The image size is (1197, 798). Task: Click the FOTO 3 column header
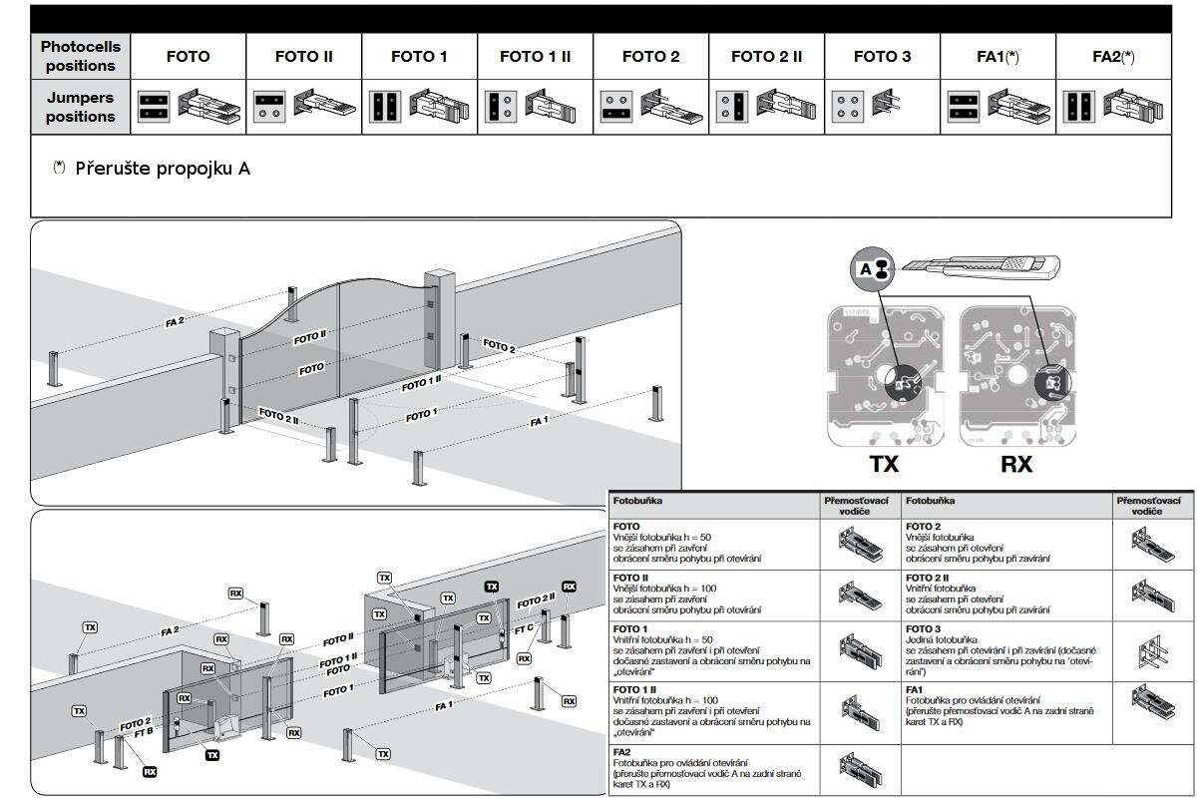pyautogui.click(x=882, y=57)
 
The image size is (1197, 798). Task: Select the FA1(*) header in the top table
pyautogui.click(x=997, y=57)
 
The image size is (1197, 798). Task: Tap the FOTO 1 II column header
pyautogui.click(x=535, y=57)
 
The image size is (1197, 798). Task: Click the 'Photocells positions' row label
pyautogui.click(x=80, y=57)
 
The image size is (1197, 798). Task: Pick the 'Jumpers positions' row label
pyautogui.click(x=80, y=107)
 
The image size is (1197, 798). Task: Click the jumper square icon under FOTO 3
pyautogui.click(x=847, y=107)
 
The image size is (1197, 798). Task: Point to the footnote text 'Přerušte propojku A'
pyautogui.click(x=163, y=169)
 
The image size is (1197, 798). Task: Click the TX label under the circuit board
pyautogui.click(x=884, y=464)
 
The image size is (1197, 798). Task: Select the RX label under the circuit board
pyautogui.click(x=1016, y=464)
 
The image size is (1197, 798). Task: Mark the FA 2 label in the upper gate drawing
pyautogui.click(x=176, y=322)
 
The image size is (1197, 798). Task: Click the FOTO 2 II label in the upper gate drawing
pyautogui.click(x=279, y=416)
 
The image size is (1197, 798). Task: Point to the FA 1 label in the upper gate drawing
pyautogui.click(x=540, y=422)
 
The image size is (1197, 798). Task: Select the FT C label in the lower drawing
pyautogui.click(x=524, y=630)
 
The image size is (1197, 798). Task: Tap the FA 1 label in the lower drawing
pyautogui.click(x=444, y=706)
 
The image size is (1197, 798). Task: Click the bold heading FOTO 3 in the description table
pyautogui.click(x=923, y=628)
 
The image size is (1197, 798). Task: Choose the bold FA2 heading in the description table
pyautogui.click(x=621, y=751)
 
